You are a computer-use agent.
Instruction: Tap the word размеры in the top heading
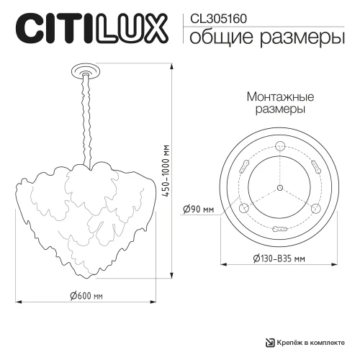pyautogui.click(x=297, y=38)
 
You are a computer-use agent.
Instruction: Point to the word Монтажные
pyautogui.click(x=279, y=96)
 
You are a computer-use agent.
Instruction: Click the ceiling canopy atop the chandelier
pyautogui.click(x=86, y=70)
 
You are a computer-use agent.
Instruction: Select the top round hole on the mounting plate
pyautogui.click(x=279, y=148)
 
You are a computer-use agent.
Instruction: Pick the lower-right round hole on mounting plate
pyautogui.click(x=315, y=209)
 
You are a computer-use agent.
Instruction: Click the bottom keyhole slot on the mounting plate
pyautogui.click(x=279, y=229)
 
